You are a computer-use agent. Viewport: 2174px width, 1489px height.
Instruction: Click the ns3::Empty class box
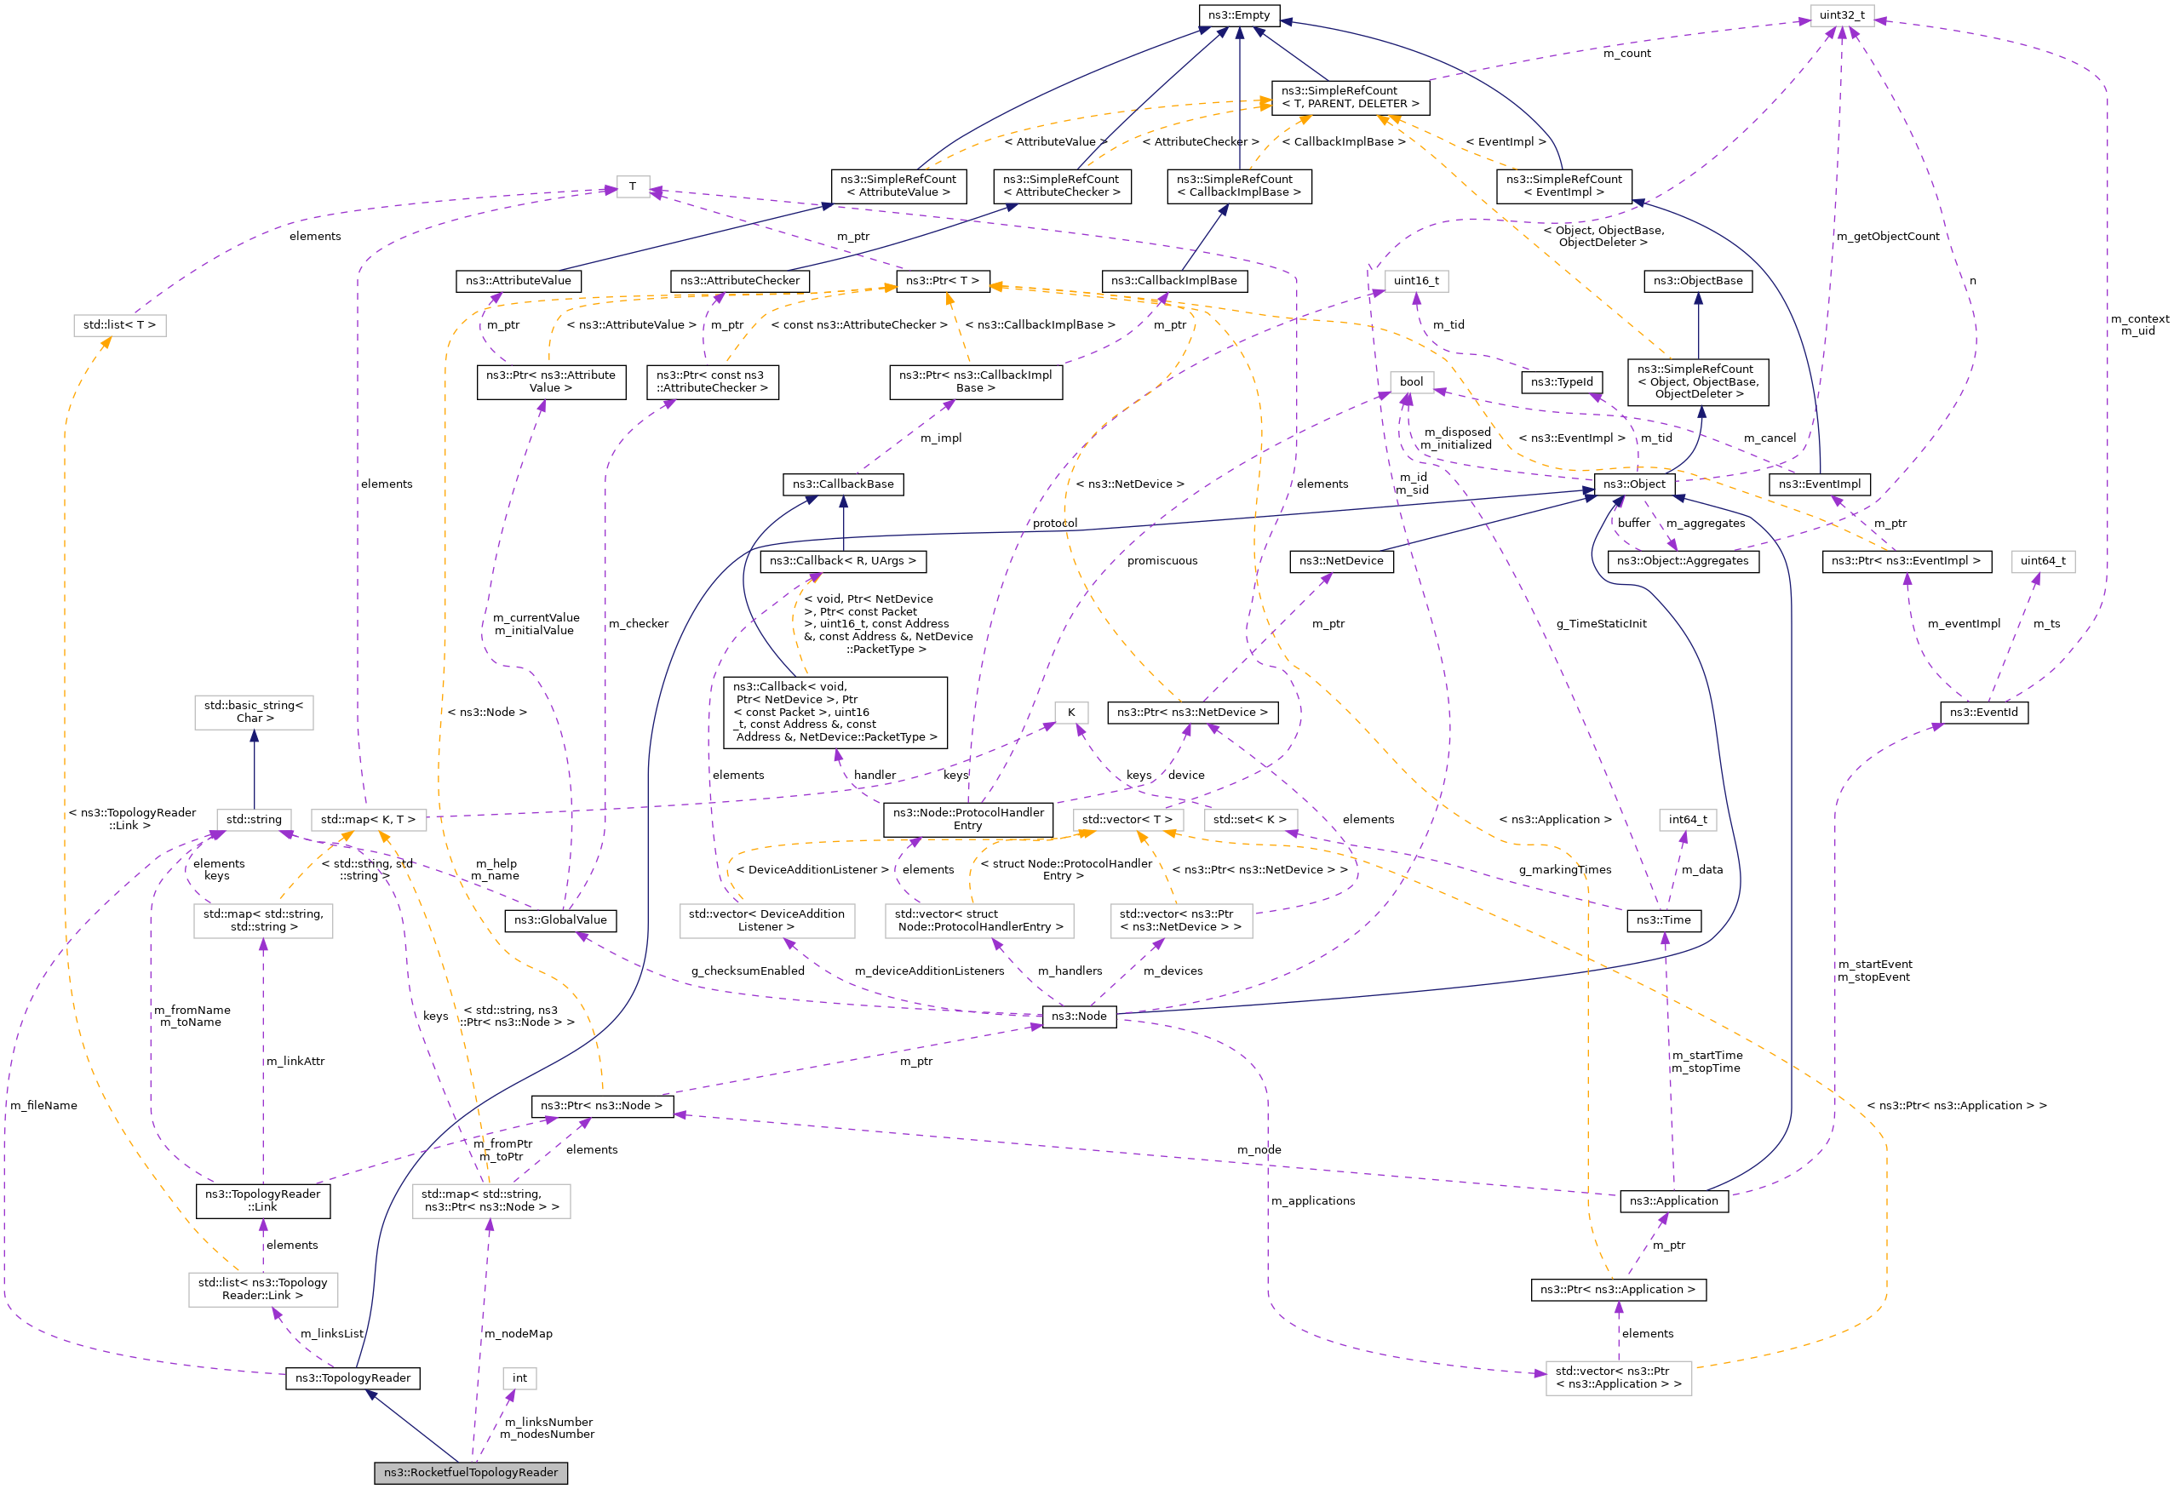(x=1238, y=15)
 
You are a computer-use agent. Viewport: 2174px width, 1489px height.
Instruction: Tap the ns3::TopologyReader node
(x=353, y=1377)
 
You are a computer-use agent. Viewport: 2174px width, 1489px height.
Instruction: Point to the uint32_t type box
(x=1841, y=15)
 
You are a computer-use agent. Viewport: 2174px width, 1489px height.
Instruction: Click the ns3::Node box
(x=1079, y=1016)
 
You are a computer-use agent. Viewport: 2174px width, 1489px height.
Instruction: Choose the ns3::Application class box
(x=1672, y=1201)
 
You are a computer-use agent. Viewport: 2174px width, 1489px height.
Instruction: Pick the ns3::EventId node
(x=1983, y=713)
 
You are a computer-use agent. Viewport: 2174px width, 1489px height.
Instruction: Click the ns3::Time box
(x=1663, y=920)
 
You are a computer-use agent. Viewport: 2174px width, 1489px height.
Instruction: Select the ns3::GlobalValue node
(x=560, y=920)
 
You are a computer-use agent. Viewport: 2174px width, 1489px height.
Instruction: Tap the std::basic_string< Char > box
(x=254, y=712)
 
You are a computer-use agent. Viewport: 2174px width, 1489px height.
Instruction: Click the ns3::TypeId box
(x=1561, y=381)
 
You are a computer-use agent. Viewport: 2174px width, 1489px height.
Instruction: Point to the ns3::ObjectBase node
(x=1697, y=281)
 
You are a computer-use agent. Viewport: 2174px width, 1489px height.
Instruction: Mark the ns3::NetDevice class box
(x=1340, y=561)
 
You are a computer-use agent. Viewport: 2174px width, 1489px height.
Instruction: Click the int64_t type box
(x=1687, y=819)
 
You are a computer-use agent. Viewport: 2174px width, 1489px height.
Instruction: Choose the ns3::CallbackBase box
(x=843, y=484)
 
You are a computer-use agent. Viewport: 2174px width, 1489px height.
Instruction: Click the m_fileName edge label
(x=44, y=1106)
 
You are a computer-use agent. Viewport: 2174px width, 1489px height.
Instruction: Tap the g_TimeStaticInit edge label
(x=1601, y=624)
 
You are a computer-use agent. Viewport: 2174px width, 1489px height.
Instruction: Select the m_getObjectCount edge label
(x=1887, y=237)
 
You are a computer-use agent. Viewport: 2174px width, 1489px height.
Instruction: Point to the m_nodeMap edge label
(x=519, y=1334)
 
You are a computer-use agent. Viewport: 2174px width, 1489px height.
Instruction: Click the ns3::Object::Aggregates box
(x=1682, y=561)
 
